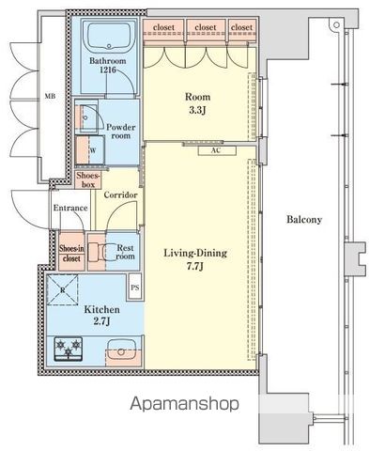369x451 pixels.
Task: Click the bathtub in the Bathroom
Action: pos(109,38)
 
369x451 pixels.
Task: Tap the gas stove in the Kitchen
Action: pos(69,349)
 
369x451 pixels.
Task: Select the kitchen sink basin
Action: pos(121,351)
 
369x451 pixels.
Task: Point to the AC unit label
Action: pos(217,150)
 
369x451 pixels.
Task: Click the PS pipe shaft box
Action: pos(135,288)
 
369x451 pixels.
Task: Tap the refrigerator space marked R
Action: pos(63,289)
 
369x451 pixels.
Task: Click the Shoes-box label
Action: pos(88,180)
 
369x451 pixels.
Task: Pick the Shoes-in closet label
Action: pos(71,254)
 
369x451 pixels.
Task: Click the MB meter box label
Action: pos(50,97)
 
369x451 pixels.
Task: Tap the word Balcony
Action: pos(304,220)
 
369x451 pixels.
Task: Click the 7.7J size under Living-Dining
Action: pos(195,267)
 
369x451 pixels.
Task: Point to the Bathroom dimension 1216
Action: pos(108,70)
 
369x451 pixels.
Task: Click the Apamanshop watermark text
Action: pos(184,404)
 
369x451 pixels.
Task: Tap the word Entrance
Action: pos(70,208)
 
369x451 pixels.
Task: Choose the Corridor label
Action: pos(120,195)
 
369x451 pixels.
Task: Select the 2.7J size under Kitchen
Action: pos(101,321)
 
